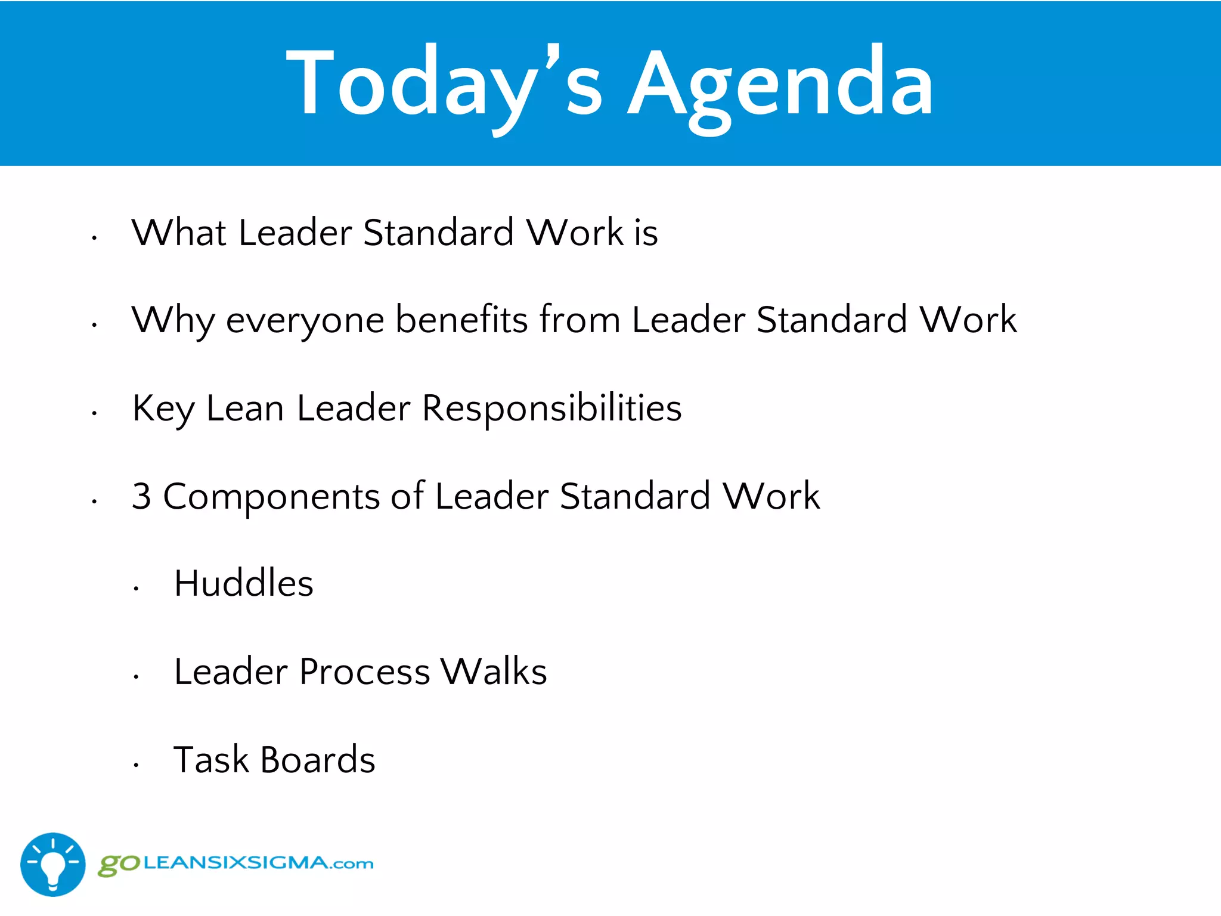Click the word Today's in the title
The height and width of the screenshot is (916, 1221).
coord(444,83)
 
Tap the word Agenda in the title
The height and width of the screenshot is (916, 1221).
coord(781,83)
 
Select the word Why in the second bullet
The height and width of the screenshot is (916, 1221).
coord(173,320)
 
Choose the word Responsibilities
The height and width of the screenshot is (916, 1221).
coord(551,409)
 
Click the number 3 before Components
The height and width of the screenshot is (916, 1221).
coord(141,496)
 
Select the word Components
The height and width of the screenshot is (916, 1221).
coord(271,496)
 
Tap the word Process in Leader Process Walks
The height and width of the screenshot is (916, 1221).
coord(364,671)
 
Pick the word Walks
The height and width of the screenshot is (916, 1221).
coord(494,671)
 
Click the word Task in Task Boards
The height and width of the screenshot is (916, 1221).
coord(211,760)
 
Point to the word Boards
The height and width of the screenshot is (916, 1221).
coord(318,760)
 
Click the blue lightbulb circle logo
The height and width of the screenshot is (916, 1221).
coord(53,864)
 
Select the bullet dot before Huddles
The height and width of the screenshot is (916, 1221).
coord(136,589)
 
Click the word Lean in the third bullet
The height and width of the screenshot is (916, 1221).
coord(245,409)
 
